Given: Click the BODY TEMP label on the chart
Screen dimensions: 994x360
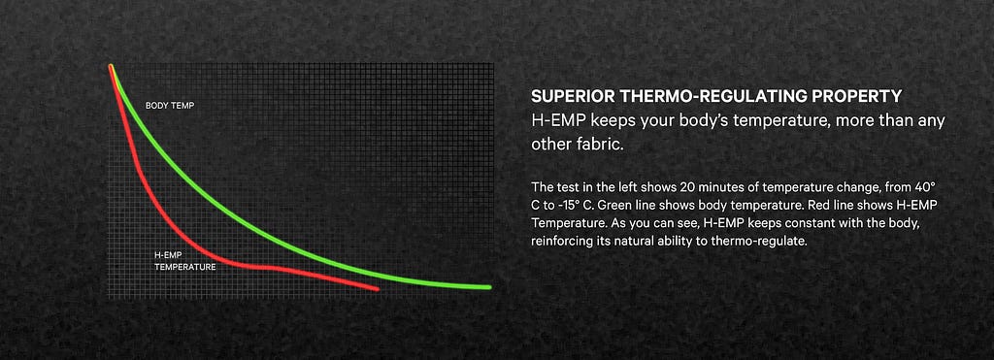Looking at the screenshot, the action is [x=169, y=106].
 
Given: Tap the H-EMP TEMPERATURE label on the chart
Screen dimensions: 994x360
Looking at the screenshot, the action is [x=185, y=261].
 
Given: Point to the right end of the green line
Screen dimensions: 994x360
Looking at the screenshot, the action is [x=489, y=287].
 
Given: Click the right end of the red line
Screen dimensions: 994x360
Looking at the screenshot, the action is [x=378, y=289].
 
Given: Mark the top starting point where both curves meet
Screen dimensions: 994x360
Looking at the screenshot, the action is [x=112, y=67].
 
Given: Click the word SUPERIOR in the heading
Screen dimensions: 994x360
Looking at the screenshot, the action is [x=573, y=96].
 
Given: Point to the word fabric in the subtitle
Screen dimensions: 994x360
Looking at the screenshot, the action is [x=600, y=144].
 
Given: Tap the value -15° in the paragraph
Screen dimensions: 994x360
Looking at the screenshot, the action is [x=560, y=206].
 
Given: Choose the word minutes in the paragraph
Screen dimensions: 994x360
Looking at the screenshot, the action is [x=719, y=187].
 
